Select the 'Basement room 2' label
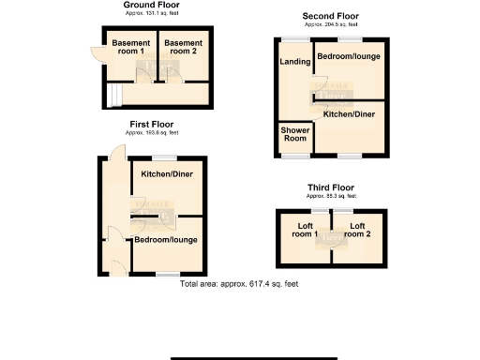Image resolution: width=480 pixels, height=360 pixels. click(x=179, y=49)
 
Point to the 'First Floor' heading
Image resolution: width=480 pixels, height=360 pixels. click(x=151, y=124)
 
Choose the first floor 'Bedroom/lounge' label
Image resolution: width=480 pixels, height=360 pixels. click(x=165, y=241)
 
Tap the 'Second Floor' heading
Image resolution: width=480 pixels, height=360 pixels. click(x=330, y=16)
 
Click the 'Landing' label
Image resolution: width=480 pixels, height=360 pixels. click(x=295, y=62)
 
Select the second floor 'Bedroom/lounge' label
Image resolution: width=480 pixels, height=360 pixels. click(x=348, y=57)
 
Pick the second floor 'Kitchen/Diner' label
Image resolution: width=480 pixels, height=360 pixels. click(x=350, y=114)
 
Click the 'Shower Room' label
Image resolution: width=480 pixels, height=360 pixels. click(x=295, y=134)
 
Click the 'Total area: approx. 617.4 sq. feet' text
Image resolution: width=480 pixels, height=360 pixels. click(x=239, y=282)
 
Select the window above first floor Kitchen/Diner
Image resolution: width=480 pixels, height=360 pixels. click(x=166, y=157)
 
